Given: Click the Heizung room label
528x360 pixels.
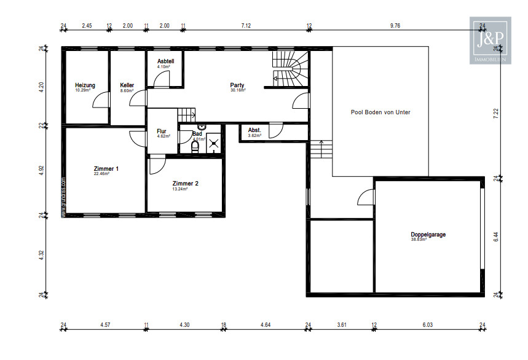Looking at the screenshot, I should pos(85,85).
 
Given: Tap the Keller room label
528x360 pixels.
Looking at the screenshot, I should pos(127,85).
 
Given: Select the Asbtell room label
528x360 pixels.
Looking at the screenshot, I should pos(166,61).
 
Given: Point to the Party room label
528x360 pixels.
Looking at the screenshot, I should pos(237,85).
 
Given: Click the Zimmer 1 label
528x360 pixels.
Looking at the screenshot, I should pos(106,168).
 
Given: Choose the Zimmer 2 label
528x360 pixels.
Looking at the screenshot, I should pos(185,184).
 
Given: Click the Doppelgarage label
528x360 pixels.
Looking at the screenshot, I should pos(428,235).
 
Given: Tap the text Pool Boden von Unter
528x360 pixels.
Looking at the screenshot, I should pos(380,112).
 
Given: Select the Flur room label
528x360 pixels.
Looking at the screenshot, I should pos(162,131).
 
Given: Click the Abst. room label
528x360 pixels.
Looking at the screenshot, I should pos(254,130).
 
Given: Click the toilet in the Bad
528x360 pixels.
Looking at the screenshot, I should pos(195,147).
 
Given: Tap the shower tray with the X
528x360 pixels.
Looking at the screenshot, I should pos(213,144).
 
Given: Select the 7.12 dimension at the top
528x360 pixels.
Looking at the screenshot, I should pos(246,26).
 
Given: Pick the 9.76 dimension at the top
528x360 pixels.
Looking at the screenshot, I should pos(395,26).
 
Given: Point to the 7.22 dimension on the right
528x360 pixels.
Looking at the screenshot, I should pos(495,114).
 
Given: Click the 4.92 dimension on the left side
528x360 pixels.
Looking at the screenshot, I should pos(42,170).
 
